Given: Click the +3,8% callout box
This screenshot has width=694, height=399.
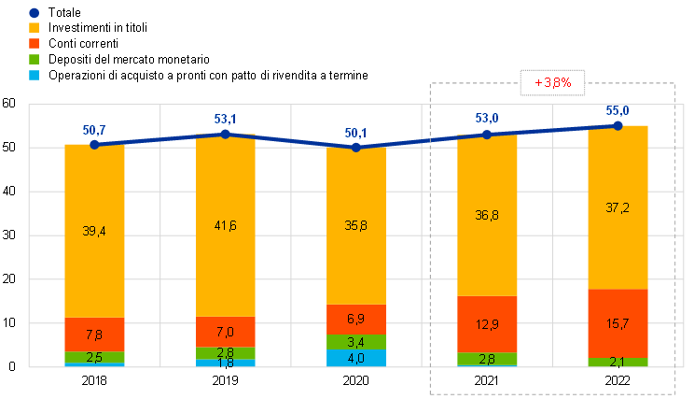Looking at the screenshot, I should pos(552,82).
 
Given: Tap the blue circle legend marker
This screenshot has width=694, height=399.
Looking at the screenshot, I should pos(34,13).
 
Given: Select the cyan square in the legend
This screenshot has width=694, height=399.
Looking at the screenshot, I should pos(34,74).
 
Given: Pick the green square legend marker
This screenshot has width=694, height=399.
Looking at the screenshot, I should pos(34,58).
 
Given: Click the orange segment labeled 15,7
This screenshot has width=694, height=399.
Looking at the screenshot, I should pos(618,322).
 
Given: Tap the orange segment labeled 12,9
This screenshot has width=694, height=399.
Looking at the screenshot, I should pos(487,323).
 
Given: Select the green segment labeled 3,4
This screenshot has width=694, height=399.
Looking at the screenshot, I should pos(355,341).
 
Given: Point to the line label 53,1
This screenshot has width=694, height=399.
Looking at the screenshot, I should pos(225,119).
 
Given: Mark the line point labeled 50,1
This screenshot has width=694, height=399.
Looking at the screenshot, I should pos(355,147).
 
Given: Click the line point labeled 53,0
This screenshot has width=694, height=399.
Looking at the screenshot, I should pos(486,135).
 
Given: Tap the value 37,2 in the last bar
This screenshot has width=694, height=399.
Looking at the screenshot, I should pos(618,207).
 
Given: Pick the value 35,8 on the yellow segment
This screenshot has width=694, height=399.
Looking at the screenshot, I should pos(355,224).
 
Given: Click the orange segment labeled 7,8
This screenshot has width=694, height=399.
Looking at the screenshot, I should pos(94,335).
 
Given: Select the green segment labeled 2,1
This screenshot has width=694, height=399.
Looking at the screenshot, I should pos(618,363).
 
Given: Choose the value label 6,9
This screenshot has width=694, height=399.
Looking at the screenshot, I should pos(355,320).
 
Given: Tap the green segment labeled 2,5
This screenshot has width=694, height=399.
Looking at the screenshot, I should pos(94,357).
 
